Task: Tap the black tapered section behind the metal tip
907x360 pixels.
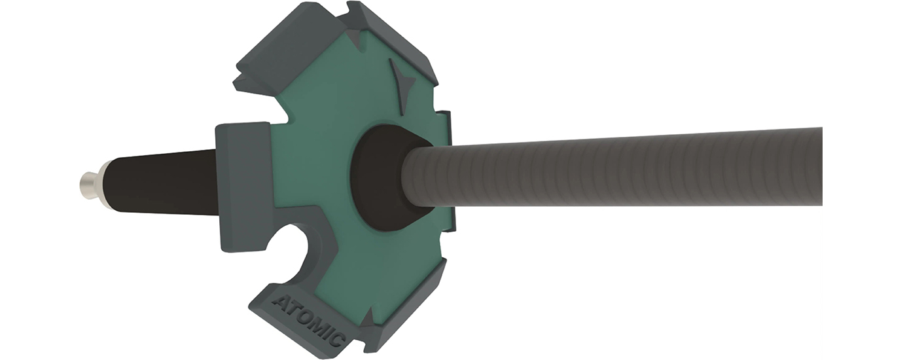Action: click(x=162, y=183)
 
